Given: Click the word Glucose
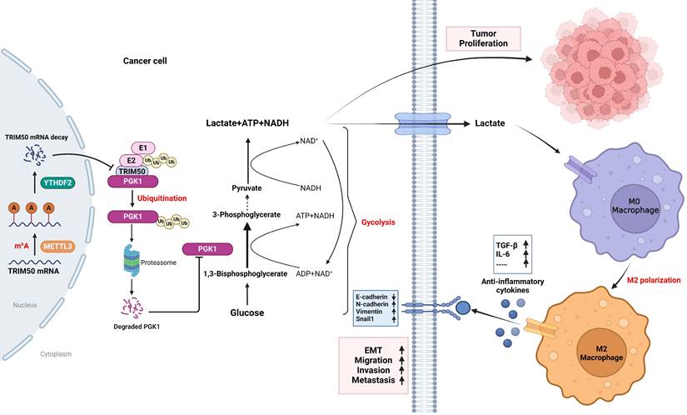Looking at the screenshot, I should pyautogui.click(x=246, y=312).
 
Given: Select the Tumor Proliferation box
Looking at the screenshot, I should pyautogui.click(x=484, y=38).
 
